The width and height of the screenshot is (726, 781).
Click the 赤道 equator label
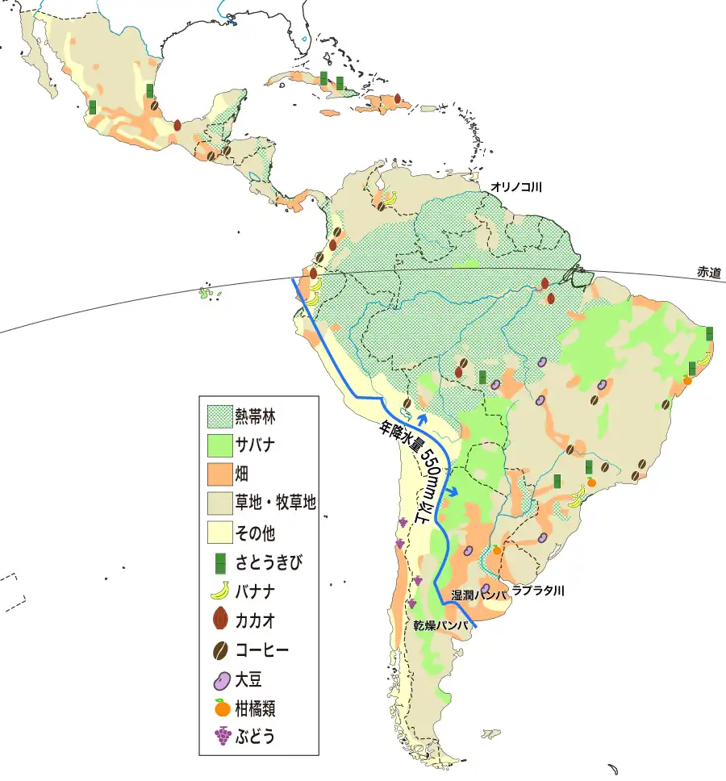point(710,274)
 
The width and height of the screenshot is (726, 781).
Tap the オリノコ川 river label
point(516,187)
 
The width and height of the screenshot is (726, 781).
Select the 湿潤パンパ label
point(479,595)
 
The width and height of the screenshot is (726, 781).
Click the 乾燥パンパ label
point(441,625)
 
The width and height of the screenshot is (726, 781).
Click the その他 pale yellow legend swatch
point(218,532)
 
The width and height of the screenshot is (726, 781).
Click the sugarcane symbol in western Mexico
point(93,106)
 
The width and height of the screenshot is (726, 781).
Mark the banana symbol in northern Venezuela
point(389,198)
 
